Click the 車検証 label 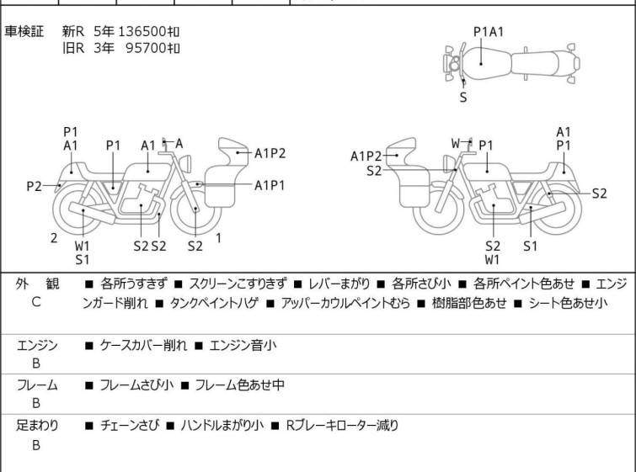(x=24, y=31)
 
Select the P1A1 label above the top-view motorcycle (x=489, y=32)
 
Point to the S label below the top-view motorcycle (x=463, y=98)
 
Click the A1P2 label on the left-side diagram (x=270, y=154)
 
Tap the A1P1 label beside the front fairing (x=270, y=186)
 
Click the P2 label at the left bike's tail (x=34, y=187)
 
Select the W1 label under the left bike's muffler (x=82, y=246)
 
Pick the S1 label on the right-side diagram (x=530, y=246)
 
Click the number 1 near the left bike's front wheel (x=218, y=238)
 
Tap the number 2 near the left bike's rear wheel (x=54, y=238)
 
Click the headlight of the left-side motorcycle (x=186, y=164)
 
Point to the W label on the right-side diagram (x=457, y=143)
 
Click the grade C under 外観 (x=36, y=302)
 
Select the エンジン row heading (x=37, y=345)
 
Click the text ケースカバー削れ (x=143, y=345)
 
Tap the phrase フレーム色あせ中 (x=239, y=384)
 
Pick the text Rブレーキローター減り (x=342, y=426)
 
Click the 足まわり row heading (x=37, y=426)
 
